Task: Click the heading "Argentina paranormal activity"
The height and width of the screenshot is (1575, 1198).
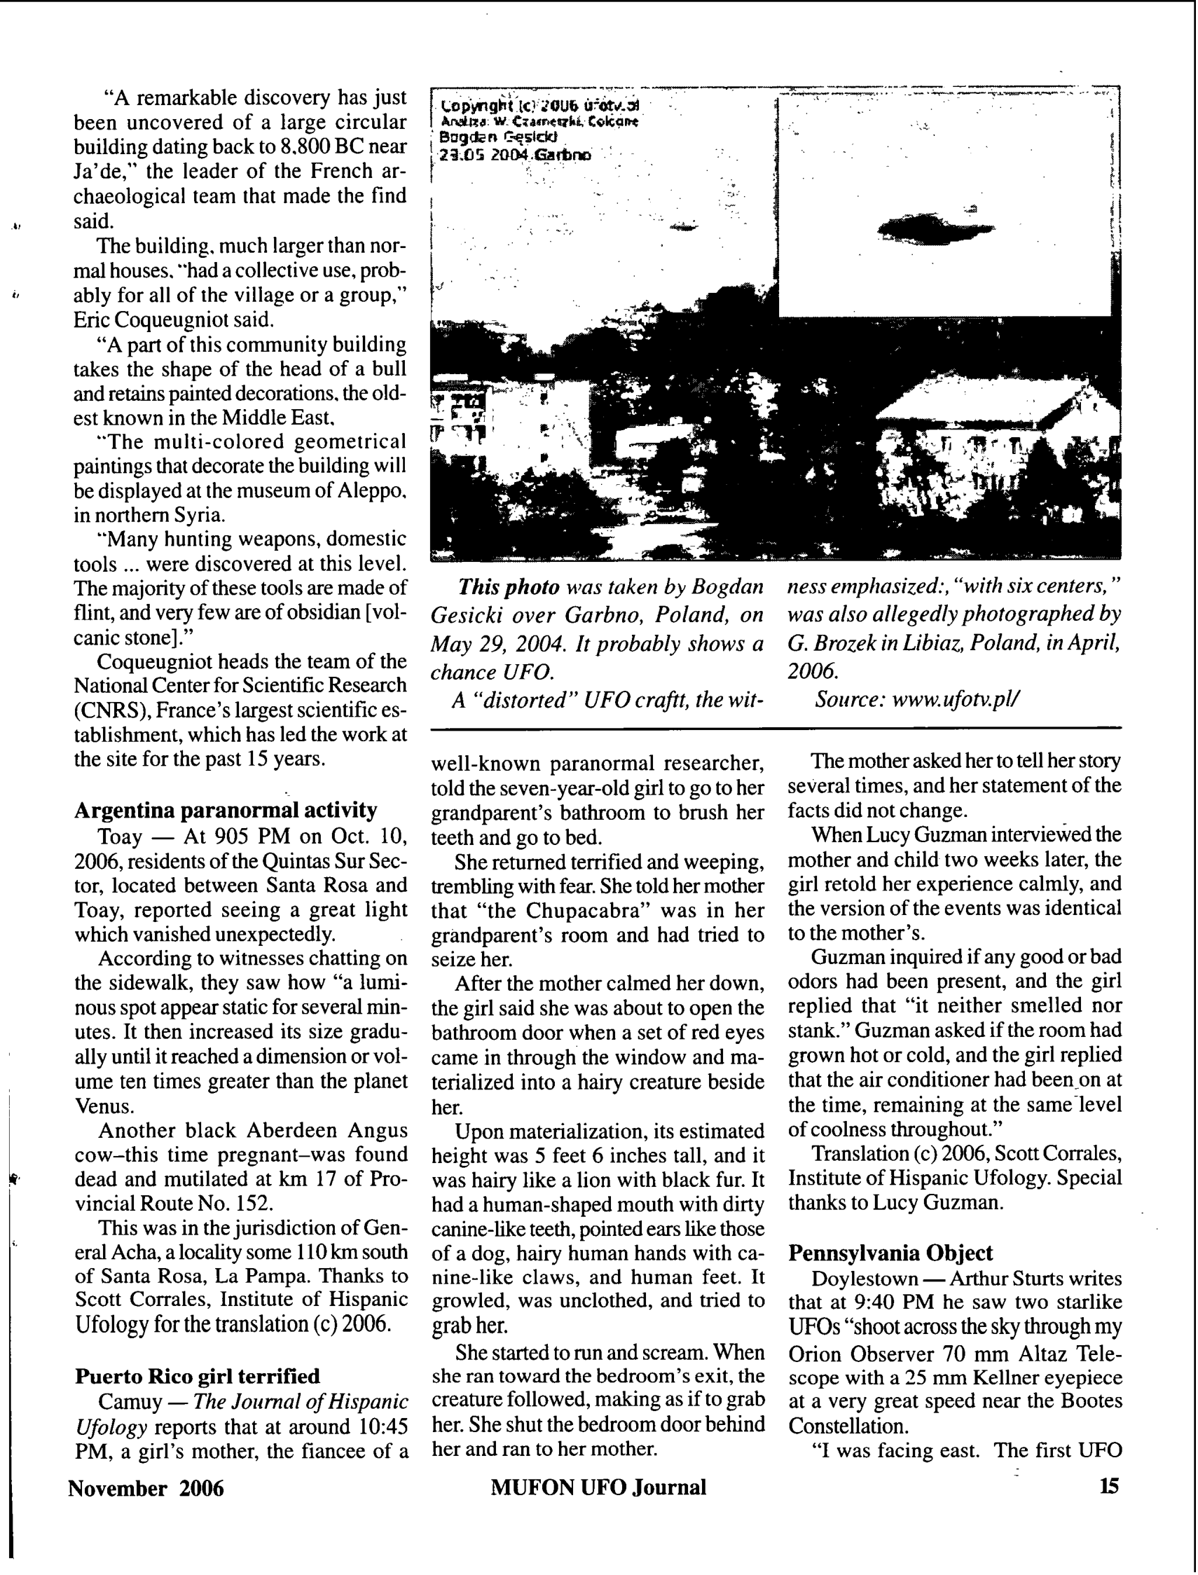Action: pyautogui.click(x=226, y=811)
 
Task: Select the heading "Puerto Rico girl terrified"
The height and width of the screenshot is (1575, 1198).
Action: pyautogui.click(x=198, y=1376)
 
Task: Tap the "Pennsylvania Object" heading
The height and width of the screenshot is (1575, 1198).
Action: pyautogui.click(x=890, y=1253)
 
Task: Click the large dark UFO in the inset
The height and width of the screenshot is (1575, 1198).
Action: pyautogui.click(x=934, y=229)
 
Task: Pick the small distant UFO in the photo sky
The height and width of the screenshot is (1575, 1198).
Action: pyautogui.click(x=683, y=227)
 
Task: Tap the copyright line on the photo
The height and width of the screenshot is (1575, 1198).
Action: pyautogui.click(x=540, y=106)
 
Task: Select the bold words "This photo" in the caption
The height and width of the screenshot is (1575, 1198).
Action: pyautogui.click(x=509, y=587)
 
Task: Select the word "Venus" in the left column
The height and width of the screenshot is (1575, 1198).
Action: pyautogui.click(x=104, y=1106)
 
